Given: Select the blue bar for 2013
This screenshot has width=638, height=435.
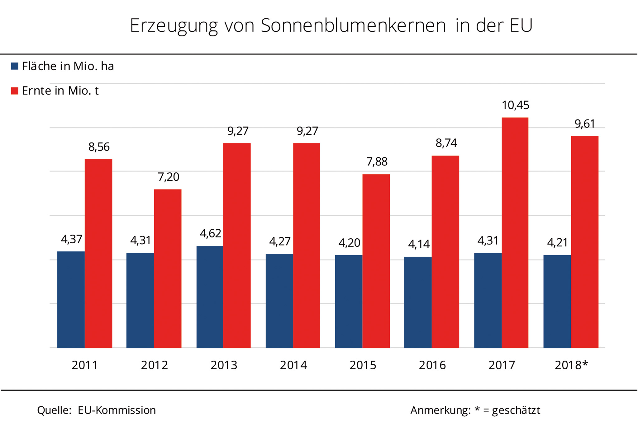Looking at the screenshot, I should click(210, 297).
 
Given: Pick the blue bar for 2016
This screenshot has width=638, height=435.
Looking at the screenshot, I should click(418, 302).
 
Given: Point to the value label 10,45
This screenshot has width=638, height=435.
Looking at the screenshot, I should click(515, 105).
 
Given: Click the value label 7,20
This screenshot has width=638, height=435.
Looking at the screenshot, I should click(169, 177).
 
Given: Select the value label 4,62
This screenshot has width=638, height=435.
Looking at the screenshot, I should click(211, 233).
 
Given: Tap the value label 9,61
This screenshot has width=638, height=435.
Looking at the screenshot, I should click(585, 124).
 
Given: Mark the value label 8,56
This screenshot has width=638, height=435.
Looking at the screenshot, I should click(99, 147).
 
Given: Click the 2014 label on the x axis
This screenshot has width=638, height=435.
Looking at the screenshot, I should click(293, 365).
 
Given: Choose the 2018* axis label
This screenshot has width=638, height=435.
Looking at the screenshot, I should click(571, 365).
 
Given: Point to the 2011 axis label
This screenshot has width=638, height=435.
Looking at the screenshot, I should click(85, 365).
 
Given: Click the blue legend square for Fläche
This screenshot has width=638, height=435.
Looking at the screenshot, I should click(15, 66).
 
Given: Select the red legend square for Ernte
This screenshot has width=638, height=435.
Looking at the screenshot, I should click(15, 91).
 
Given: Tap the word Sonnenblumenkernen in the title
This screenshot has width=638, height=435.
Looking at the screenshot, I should click(353, 26).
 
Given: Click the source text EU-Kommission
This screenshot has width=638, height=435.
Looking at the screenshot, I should click(117, 410).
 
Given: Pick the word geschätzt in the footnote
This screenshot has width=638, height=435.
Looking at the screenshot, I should click(516, 410).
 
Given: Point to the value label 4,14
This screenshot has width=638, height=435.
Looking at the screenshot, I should click(419, 245).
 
